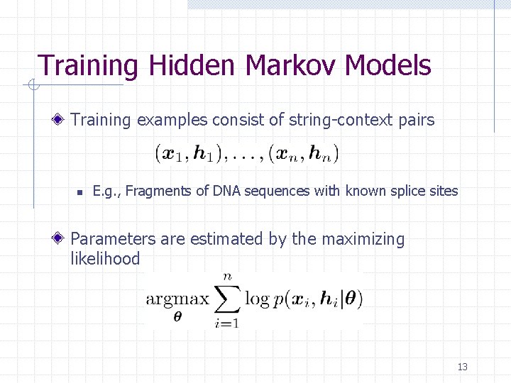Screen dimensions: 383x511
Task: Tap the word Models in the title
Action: (x=388, y=65)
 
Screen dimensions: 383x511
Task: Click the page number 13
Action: (x=463, y=367)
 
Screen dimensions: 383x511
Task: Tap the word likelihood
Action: (x=105, y=259)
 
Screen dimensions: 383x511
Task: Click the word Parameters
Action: (x=114, y=240)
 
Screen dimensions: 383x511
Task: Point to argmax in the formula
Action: (x=177, y=299)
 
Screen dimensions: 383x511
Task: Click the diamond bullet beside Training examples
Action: (x=62, y=120)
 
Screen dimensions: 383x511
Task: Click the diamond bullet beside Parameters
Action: (x=62, y=240)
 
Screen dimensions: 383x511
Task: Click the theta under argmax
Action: (x=177, y=316)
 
